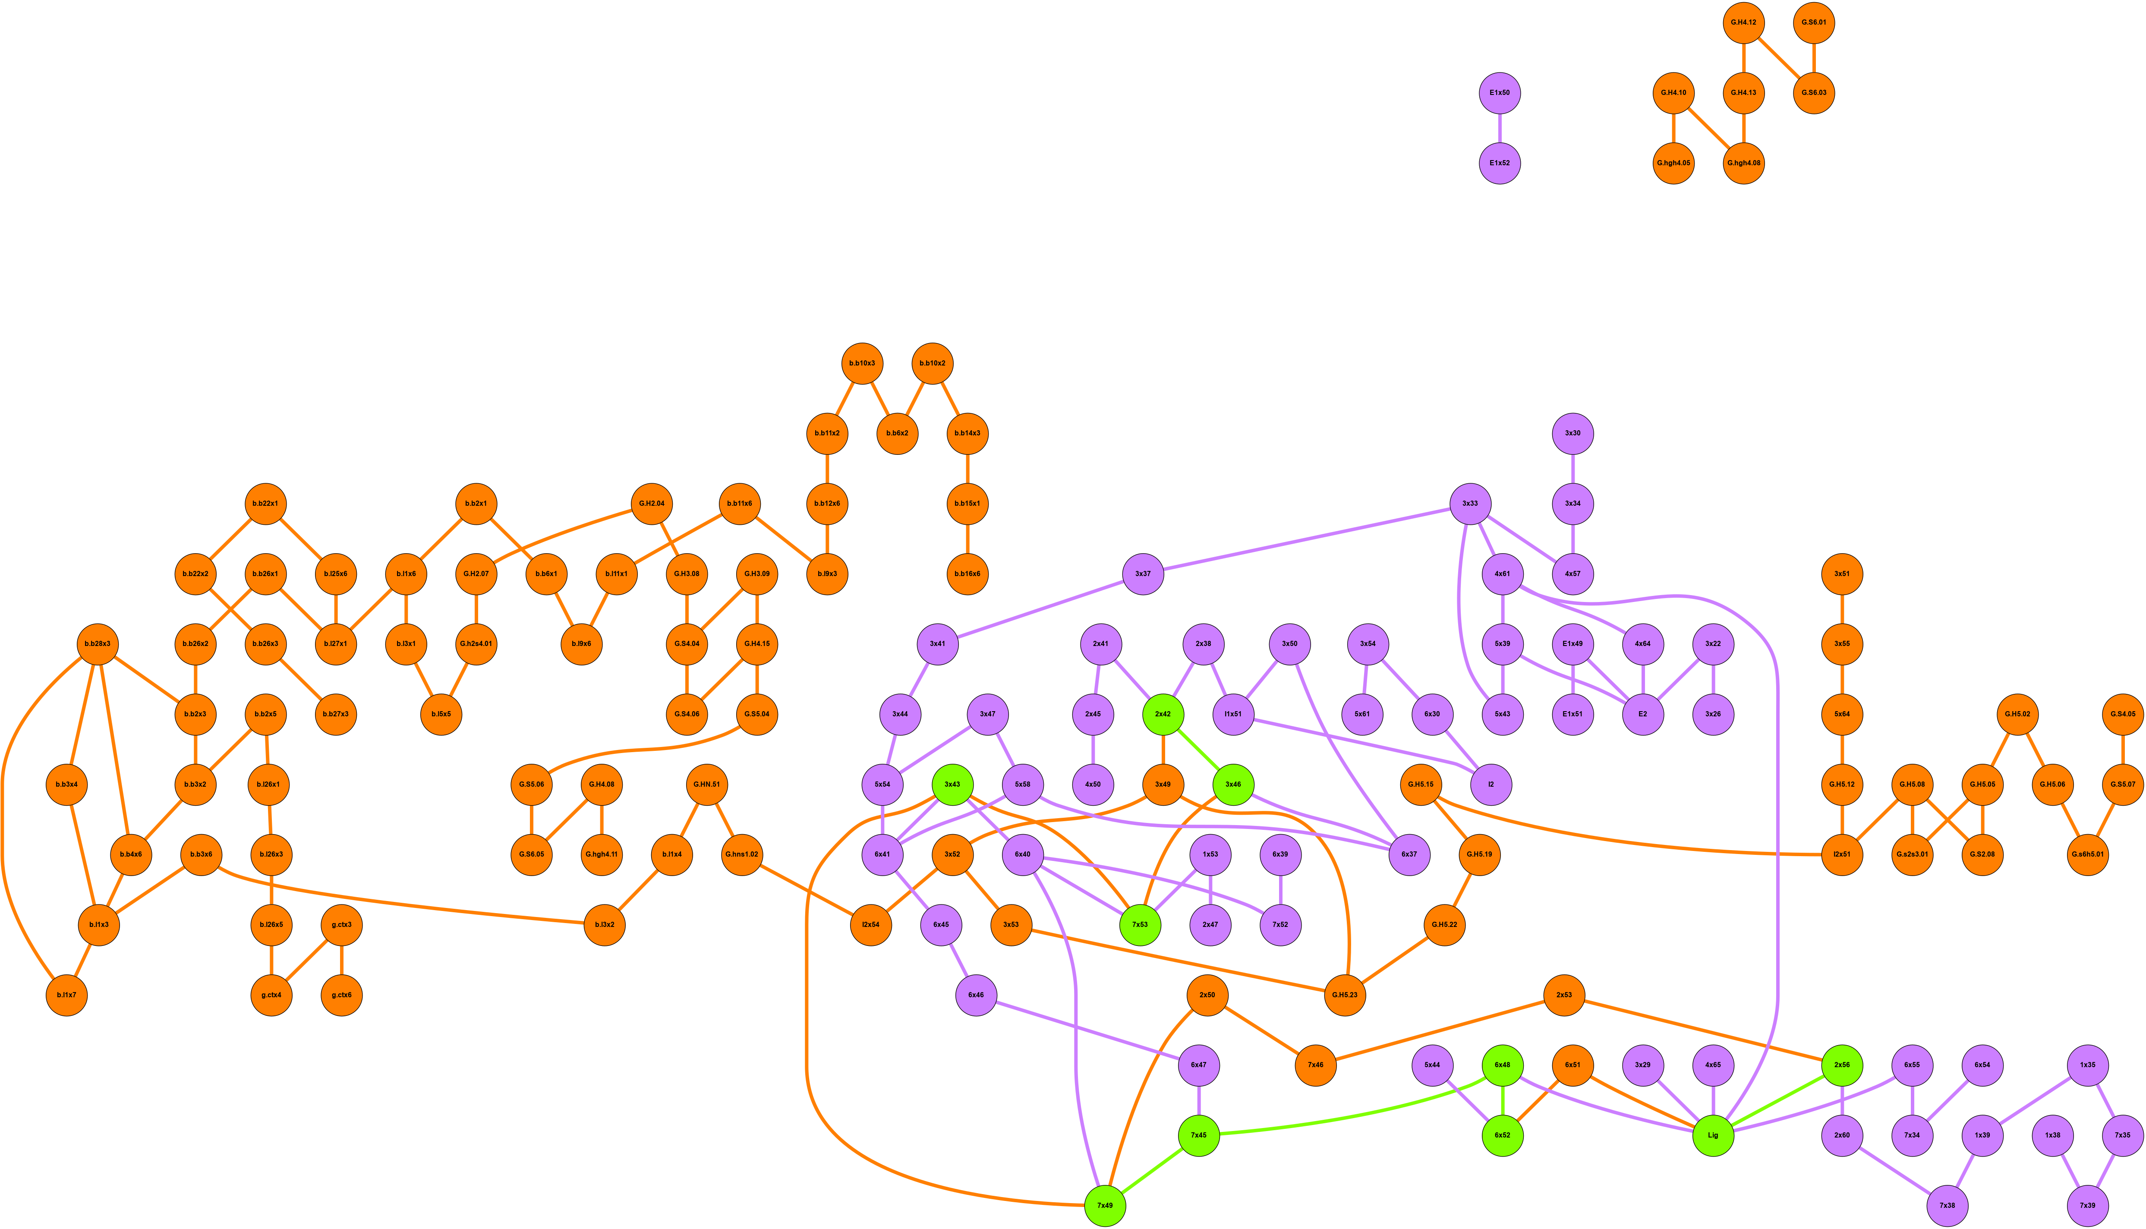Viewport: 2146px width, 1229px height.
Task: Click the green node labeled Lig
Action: pyautogui.click(x=1713, y=1135)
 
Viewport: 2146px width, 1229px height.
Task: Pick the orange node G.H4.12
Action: pyautogui.click(x=1743, y=23)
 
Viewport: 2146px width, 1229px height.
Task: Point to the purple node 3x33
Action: pyautogui.click(x=1470, y=504)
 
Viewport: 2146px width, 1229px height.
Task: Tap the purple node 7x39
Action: pyautogui.click(x=2088, y=1205)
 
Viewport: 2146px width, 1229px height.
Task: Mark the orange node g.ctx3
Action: pyautogui.click(x=342, y=925)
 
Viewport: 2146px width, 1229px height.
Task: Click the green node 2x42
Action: pyautogui.click(x=1163, y=714)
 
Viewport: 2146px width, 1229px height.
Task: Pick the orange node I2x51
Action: pyautogui.click(x=1842, y=855)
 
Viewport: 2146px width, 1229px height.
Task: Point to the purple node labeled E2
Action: pyautogui.click(x=1643, y=714)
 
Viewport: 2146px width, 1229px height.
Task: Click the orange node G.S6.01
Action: pyautogui.click(x=1814, y=23)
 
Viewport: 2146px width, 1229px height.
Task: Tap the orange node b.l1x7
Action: pyautogui.click(x=66, y=995)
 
